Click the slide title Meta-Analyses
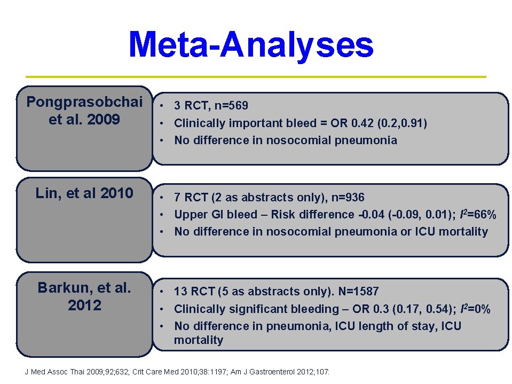(251, 45)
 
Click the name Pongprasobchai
(84, 101)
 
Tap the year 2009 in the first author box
(104, 119)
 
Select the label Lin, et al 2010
(84, 193)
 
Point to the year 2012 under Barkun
(84, 305)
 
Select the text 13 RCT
(194, 291)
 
